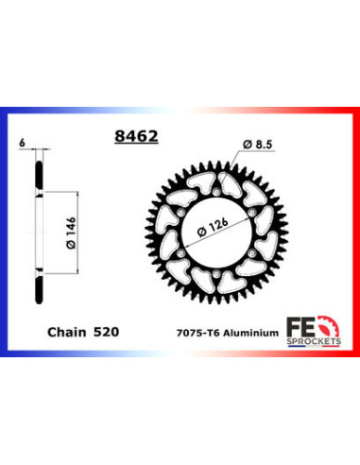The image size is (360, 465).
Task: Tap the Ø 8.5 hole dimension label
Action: (255, 144)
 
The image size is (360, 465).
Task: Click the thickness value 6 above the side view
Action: (21, 142)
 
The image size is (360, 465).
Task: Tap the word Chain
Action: (66, 333)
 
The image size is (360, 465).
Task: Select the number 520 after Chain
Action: (107, 333)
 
